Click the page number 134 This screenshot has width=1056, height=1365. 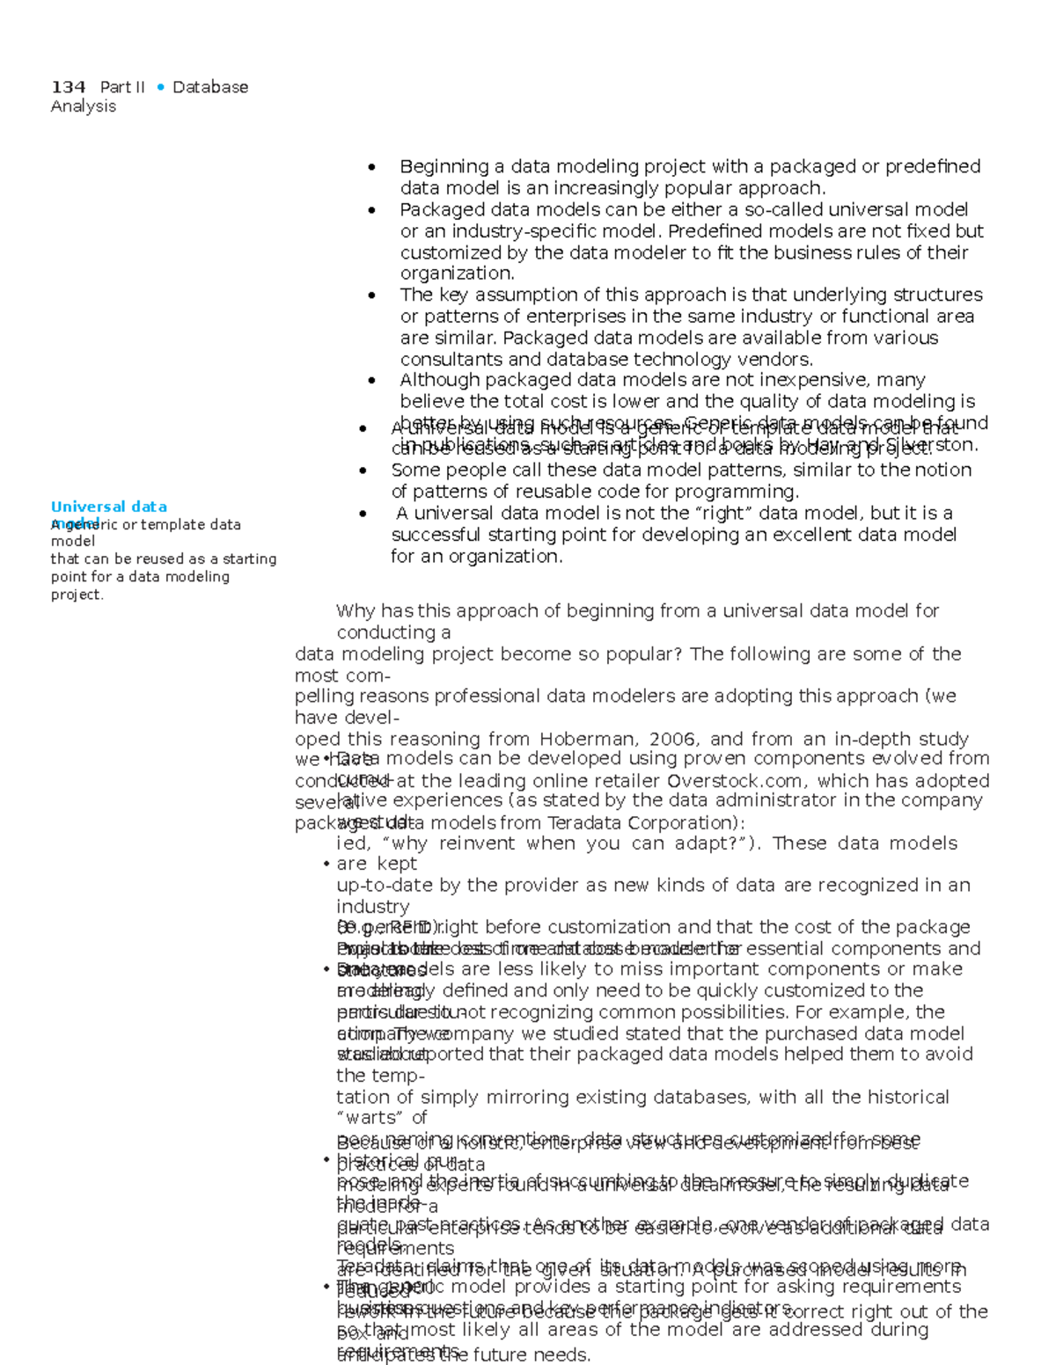(x=68, y=87)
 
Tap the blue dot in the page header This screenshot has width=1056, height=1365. (x=160, y=87)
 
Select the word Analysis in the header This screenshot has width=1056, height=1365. (x=84, y=106)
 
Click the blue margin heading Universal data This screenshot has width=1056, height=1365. (x=108, y=507)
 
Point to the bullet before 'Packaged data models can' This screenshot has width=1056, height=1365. (x=372, y=210)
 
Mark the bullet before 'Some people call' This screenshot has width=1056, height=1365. (x=363, y=471)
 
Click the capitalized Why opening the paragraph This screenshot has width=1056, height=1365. (x=356, y=610)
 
